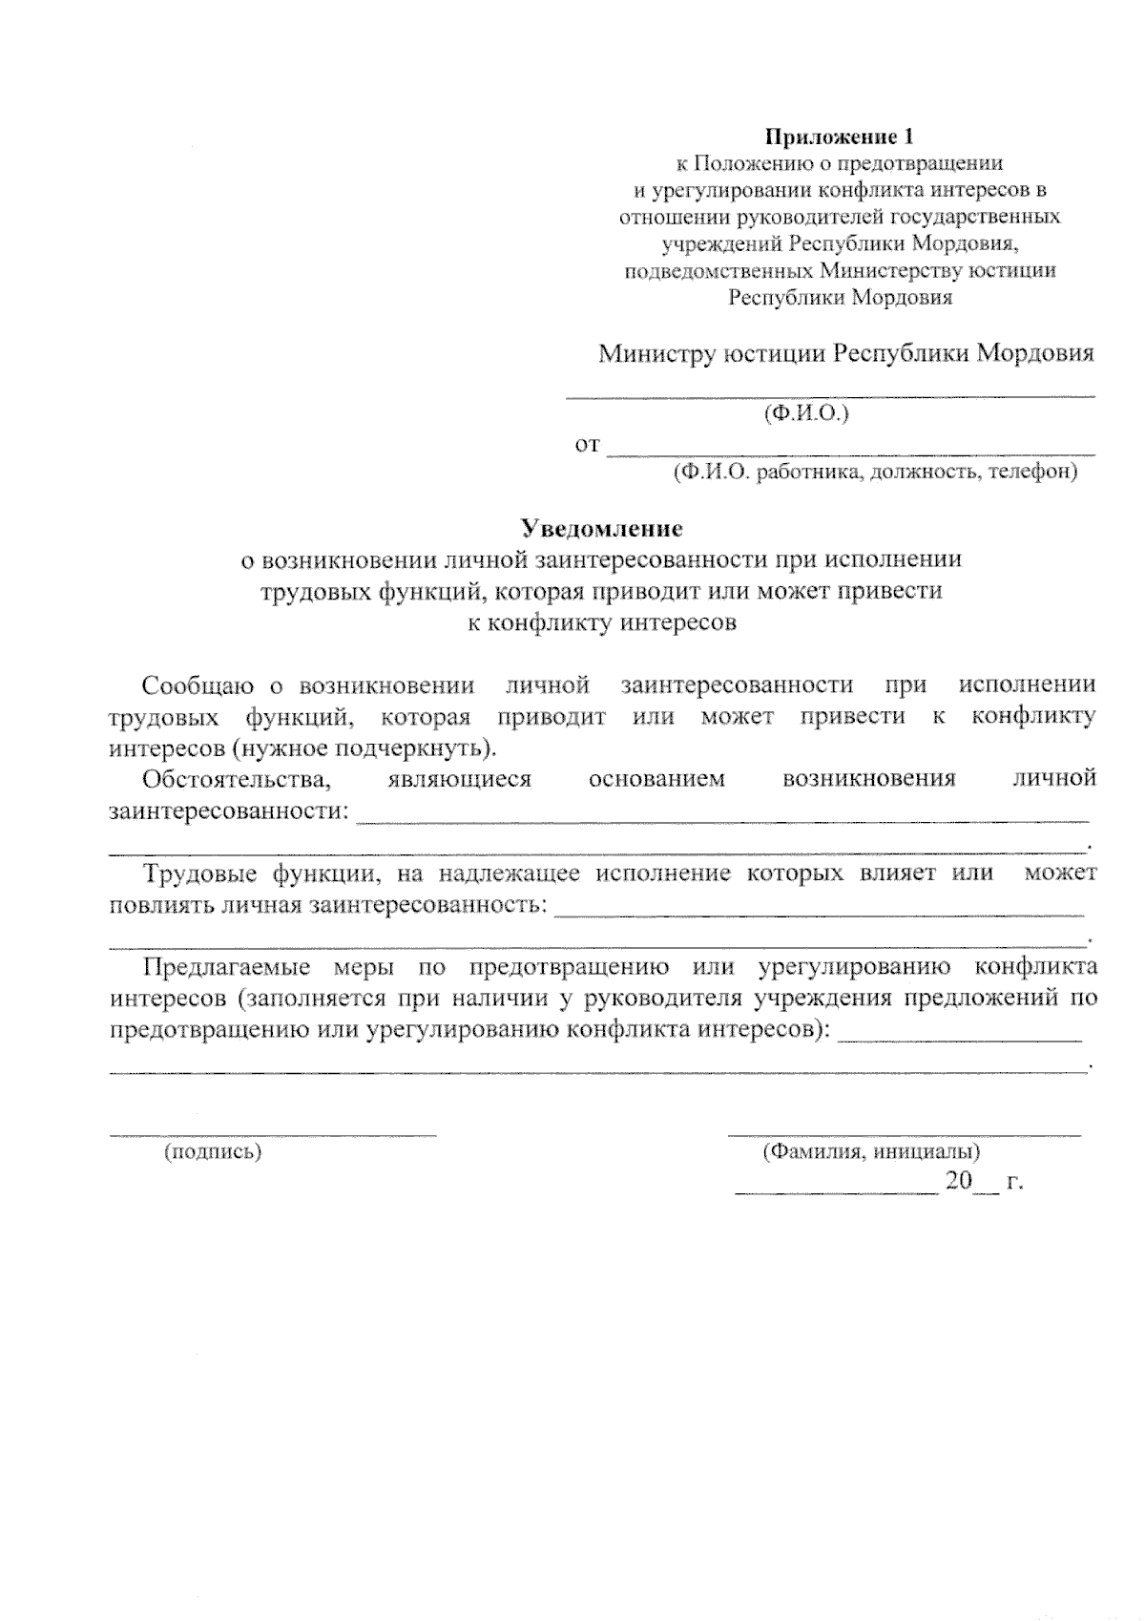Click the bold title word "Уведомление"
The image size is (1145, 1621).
[601, 528]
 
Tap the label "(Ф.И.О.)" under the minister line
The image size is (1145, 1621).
[806, 413]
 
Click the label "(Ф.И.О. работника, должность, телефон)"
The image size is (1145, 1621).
[875, 472]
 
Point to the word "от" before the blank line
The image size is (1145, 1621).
[587, 445]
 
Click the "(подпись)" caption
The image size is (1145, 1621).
[213, 1152]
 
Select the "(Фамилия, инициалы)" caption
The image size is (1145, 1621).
[871, 1152]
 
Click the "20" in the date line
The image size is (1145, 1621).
[958, 1182]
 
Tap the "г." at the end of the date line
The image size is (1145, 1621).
[1014, 1183]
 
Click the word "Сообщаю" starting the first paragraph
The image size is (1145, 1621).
[198, 685]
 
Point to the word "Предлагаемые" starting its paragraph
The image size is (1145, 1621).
[226, 966]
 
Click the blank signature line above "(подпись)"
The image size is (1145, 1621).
[273, 1134]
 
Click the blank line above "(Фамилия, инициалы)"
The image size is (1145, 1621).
[904, 1134]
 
